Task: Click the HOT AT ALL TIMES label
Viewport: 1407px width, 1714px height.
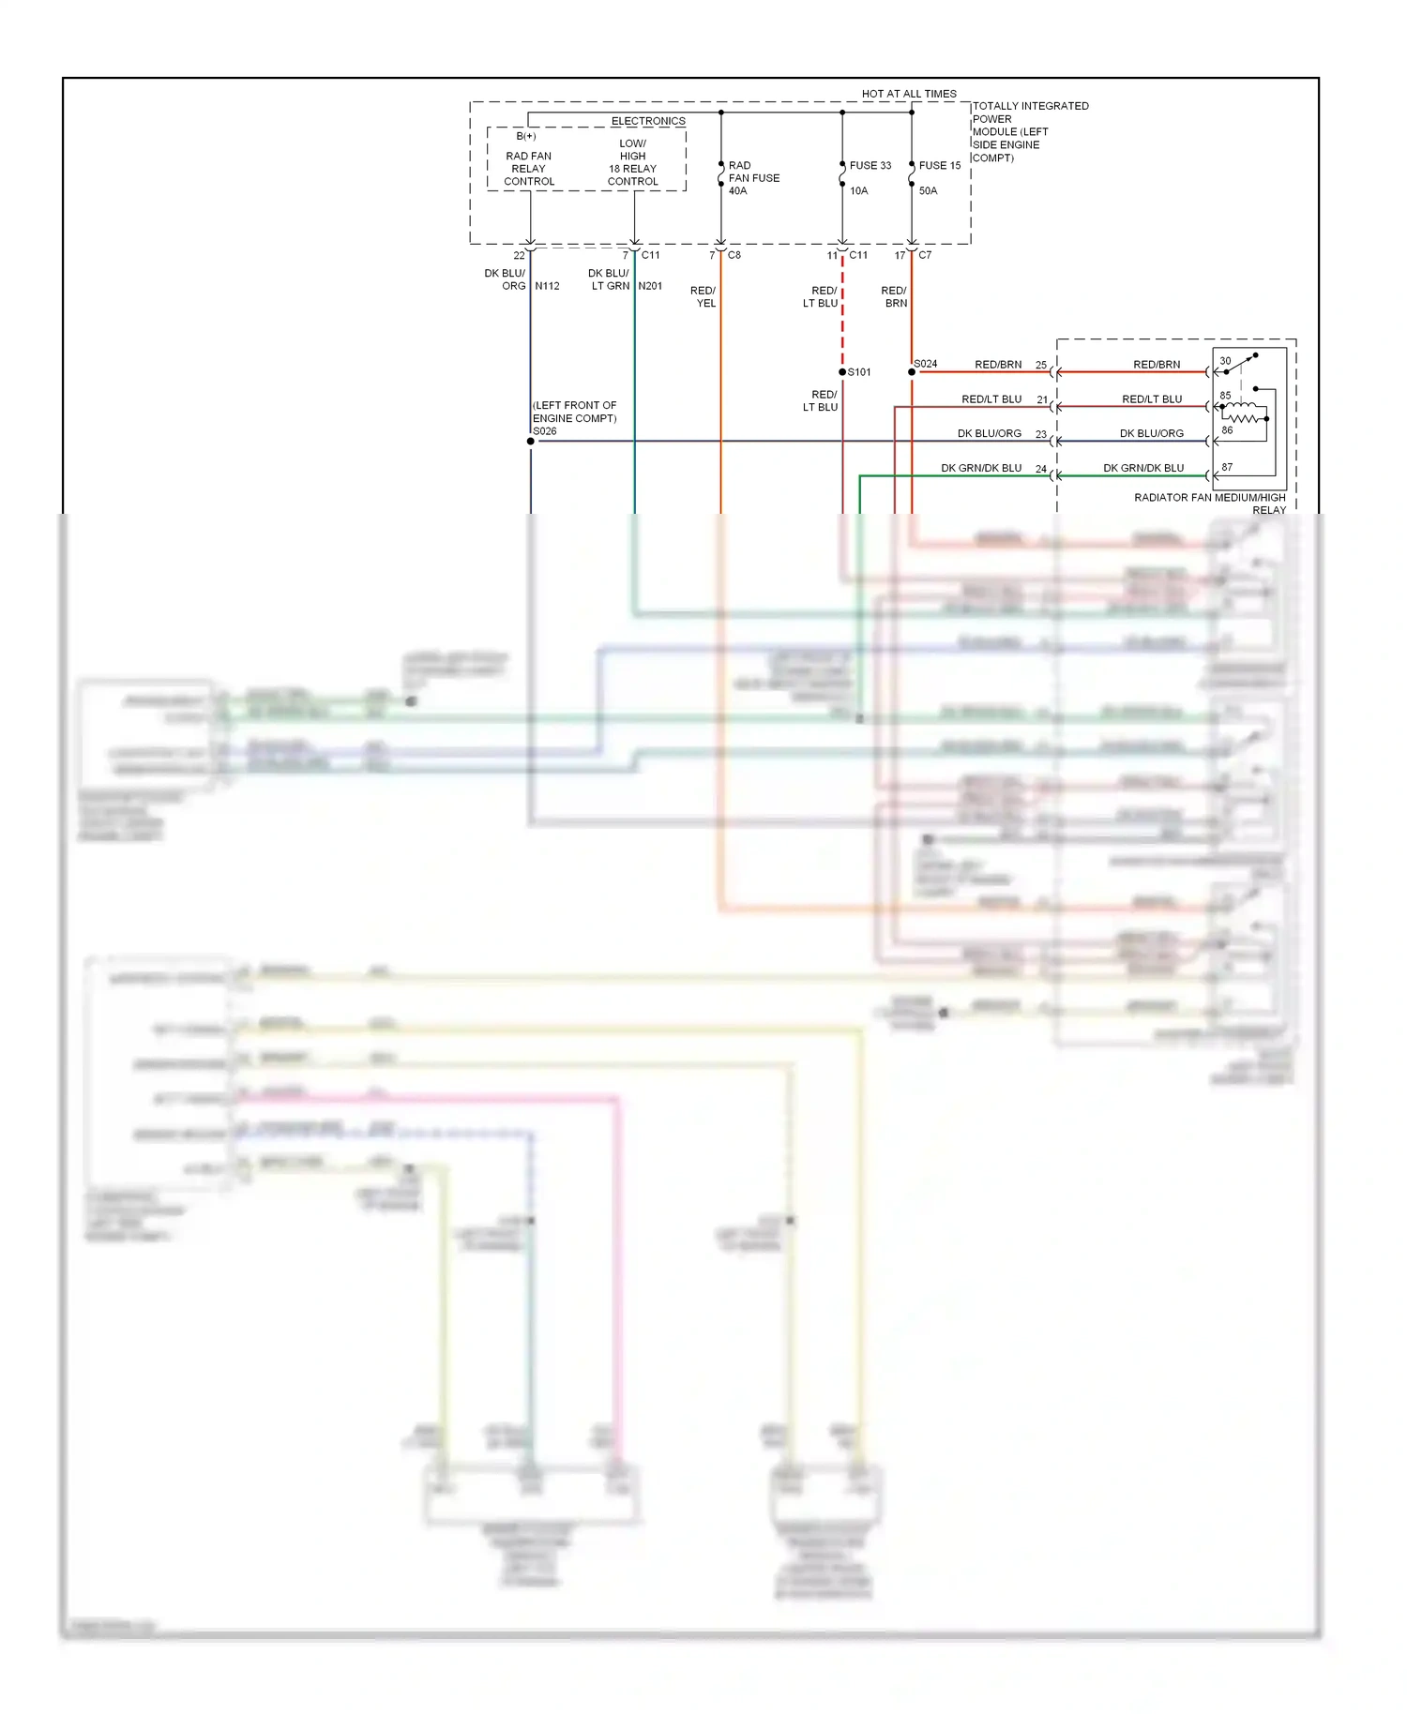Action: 908,94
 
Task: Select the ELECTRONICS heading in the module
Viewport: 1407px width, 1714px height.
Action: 648,121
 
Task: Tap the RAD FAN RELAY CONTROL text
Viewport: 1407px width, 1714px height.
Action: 529,169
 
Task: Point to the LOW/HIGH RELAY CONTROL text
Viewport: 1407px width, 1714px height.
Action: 633,162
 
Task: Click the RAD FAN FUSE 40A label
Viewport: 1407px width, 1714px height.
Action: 752,177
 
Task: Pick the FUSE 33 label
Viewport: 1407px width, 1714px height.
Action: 870,165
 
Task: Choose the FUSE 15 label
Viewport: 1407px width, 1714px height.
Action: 939,165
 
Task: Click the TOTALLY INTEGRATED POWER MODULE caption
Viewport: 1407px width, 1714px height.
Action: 1029,131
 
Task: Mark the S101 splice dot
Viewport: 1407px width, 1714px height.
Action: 842,372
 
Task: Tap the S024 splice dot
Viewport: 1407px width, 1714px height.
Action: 912,372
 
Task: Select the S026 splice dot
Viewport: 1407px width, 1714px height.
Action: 531,441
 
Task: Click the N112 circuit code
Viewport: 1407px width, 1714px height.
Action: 547,286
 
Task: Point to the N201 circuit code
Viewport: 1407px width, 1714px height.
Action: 650,286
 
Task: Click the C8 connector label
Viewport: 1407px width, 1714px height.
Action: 734,255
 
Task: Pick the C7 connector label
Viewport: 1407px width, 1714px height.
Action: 925,255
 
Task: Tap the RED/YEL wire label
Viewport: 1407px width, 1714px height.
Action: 703,296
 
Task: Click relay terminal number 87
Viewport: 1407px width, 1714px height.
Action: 1227,467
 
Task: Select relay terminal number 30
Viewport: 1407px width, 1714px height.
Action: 1225,361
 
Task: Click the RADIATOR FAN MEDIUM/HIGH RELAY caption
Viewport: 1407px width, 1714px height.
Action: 1210,504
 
